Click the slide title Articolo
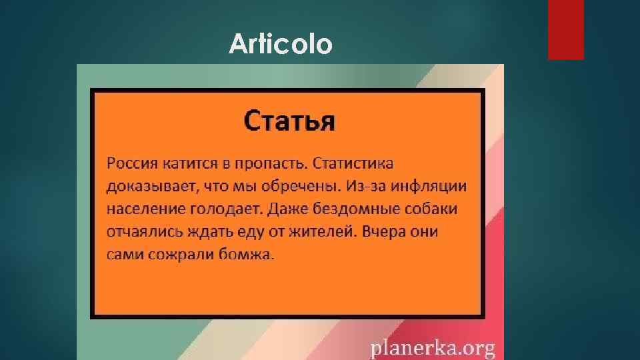(280, 45)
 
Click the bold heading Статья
(289, 121)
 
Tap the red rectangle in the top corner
(565, 29)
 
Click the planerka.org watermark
(433, 347)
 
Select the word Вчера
(394, 232)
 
